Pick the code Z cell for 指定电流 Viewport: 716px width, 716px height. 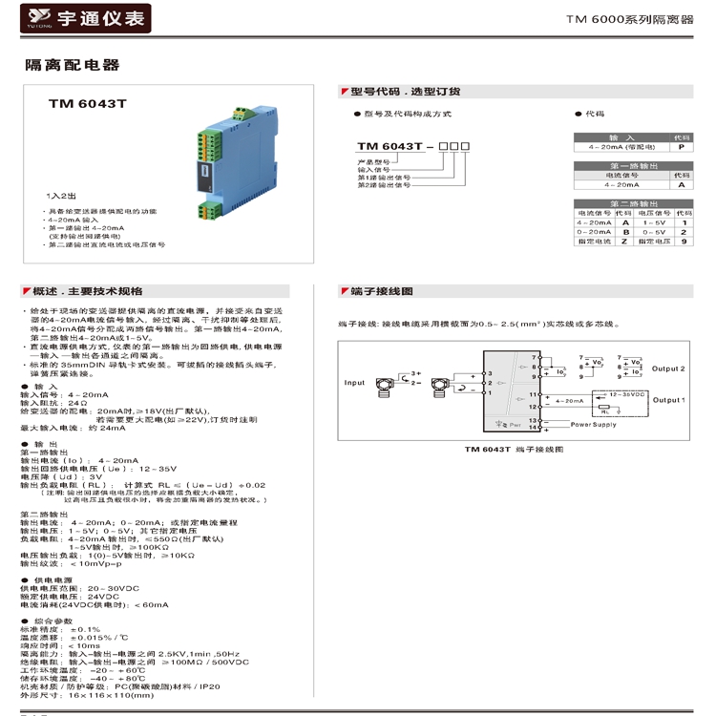tap(624, 242)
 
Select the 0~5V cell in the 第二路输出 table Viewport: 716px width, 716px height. tap(654, 232)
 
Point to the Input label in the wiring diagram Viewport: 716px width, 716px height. tap(354, 383)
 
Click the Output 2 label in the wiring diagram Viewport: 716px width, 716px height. tap(668, 369)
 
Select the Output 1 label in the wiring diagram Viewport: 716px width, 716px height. tap(668, 400)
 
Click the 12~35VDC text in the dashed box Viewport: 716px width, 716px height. tap(627, 393)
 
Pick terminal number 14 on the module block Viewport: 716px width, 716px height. tap(534, 428)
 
